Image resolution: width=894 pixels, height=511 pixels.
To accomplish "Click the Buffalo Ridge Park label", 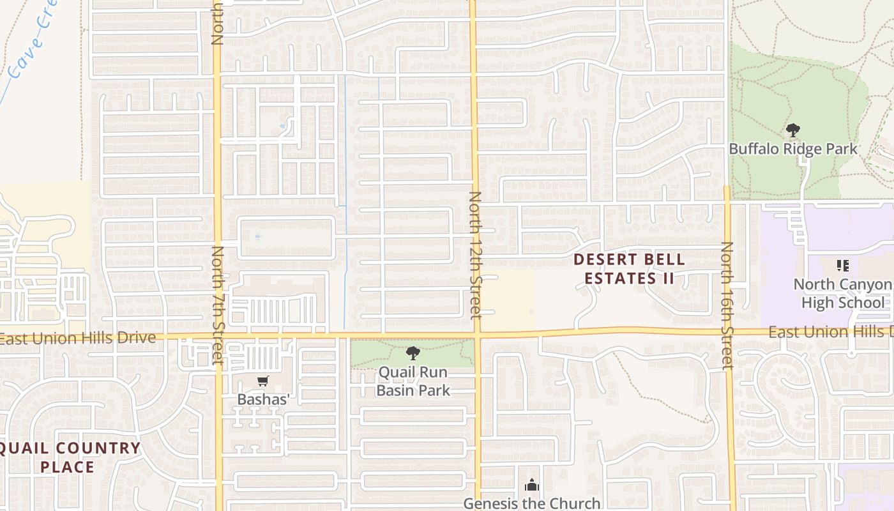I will pos(793,149).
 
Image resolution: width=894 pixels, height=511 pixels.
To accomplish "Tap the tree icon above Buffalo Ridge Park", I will pos(793,131).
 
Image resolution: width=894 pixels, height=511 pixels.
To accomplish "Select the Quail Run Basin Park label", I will pos(413,381).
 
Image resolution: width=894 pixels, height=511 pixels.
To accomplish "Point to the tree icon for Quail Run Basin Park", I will pos(413,353).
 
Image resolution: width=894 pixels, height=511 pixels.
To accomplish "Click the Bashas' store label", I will pos(263,399).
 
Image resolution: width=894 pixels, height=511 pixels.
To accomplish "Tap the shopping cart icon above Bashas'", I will pos(262,381).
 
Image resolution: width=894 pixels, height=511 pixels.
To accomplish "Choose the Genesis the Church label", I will pos(532,503).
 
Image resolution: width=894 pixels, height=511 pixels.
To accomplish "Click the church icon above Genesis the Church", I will pos(531,485).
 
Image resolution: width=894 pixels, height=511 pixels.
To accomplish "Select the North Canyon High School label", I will pos(843,293).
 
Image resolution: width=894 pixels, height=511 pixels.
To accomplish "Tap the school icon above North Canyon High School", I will pos(842,265).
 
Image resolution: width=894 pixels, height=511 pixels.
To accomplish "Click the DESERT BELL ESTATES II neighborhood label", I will pos(630,269).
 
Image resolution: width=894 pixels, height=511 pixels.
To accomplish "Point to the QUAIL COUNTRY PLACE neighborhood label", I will pos(68,457).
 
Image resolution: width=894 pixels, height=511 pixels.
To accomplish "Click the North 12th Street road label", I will pos(475,255).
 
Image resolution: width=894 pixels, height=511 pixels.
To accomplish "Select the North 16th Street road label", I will pos(727,305).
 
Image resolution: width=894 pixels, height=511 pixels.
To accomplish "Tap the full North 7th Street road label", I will pos(218,305).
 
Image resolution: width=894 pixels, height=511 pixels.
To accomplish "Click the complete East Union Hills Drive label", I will pos(78,338).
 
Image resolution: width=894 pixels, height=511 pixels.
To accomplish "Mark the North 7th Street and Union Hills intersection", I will pos(218,337).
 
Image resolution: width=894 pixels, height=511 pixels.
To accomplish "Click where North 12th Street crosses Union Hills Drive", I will pos(476,334).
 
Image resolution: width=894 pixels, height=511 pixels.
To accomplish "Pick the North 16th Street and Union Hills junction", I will pos(728,332).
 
